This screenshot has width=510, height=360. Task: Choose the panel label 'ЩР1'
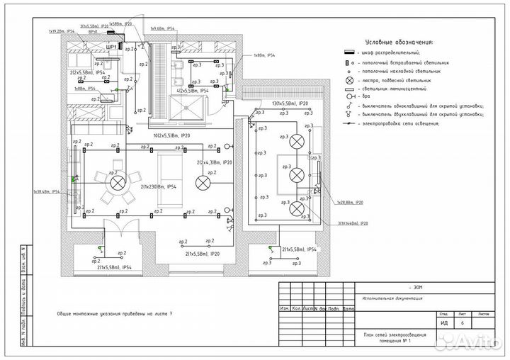(x=110, y=46)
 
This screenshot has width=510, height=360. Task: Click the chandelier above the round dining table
(x=116, y=181)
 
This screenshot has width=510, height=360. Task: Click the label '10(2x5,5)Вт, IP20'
(x=173, y=135)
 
